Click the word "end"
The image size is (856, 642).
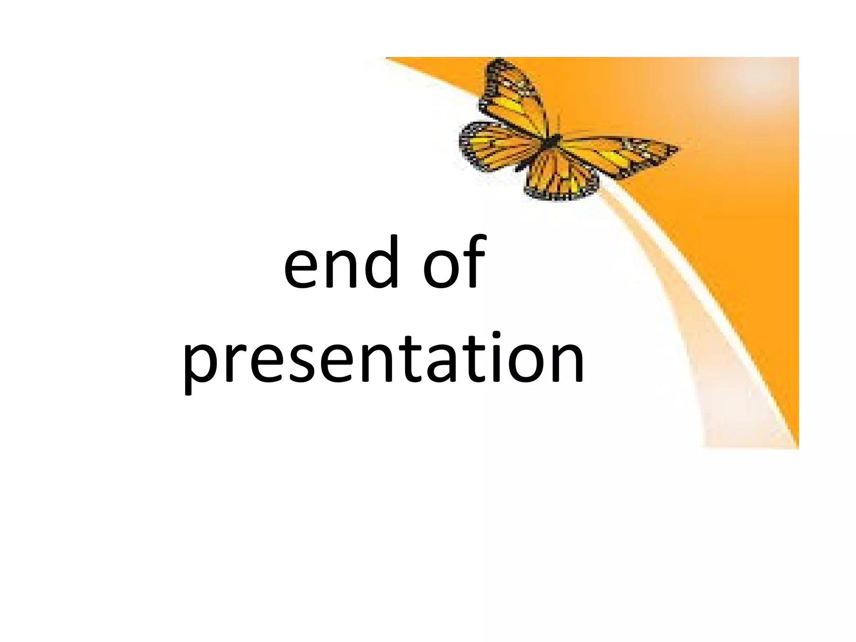coord(341,263)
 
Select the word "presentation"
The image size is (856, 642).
coord(383,359)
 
